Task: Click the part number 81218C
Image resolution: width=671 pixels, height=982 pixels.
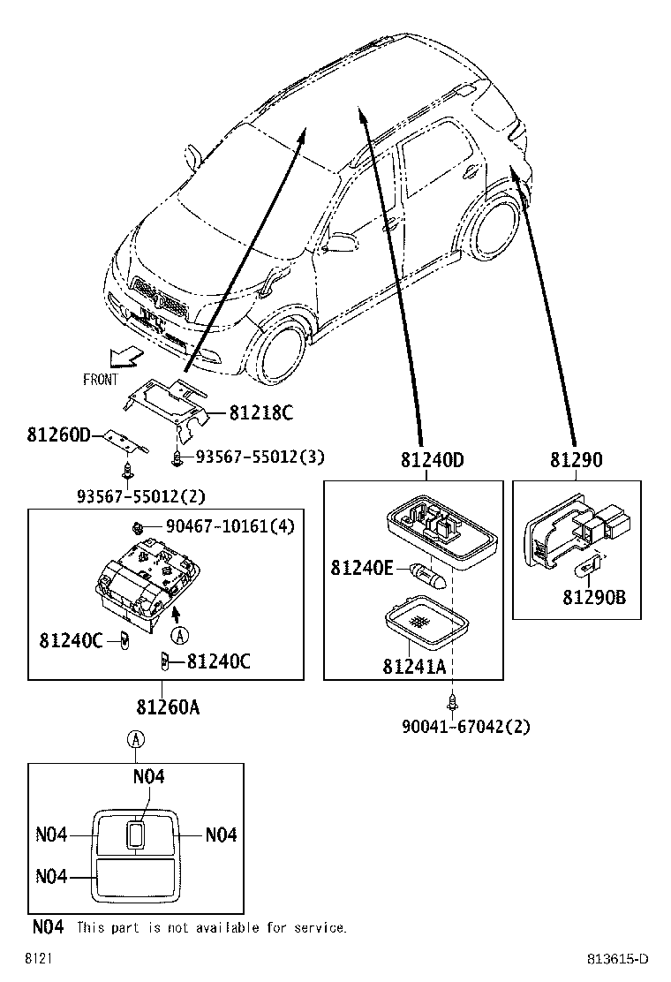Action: pyautogui.click(x=260, y=412)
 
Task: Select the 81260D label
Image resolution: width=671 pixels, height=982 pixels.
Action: pyautogui.click(x=58, y=434)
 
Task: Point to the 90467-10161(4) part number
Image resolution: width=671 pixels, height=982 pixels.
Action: pyautogui.click(x=230, y=527)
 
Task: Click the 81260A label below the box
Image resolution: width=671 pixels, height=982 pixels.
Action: pyautogui.click(x=168, y=707)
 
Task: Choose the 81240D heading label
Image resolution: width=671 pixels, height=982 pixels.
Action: pyautogui.click(x=432, y=460)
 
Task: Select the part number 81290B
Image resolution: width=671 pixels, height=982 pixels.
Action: pyautogui.click(x=594, y=598)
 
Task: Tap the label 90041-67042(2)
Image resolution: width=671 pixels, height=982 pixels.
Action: pyautogui.click(x=466, y=727)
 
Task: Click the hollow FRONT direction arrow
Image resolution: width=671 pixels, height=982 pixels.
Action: pyautogui.click(x=123, y=356)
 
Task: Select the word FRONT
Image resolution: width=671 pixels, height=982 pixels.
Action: pyautogui.click(x=101, y=380)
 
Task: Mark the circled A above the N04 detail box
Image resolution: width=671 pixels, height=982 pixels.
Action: pyautogui.click(x=135, y=739)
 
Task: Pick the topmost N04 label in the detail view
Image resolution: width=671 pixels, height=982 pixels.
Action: pyautogui.click(x=149, y=776)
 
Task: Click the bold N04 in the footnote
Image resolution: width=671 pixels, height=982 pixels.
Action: pyautogui.click(x=48, y=927)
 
